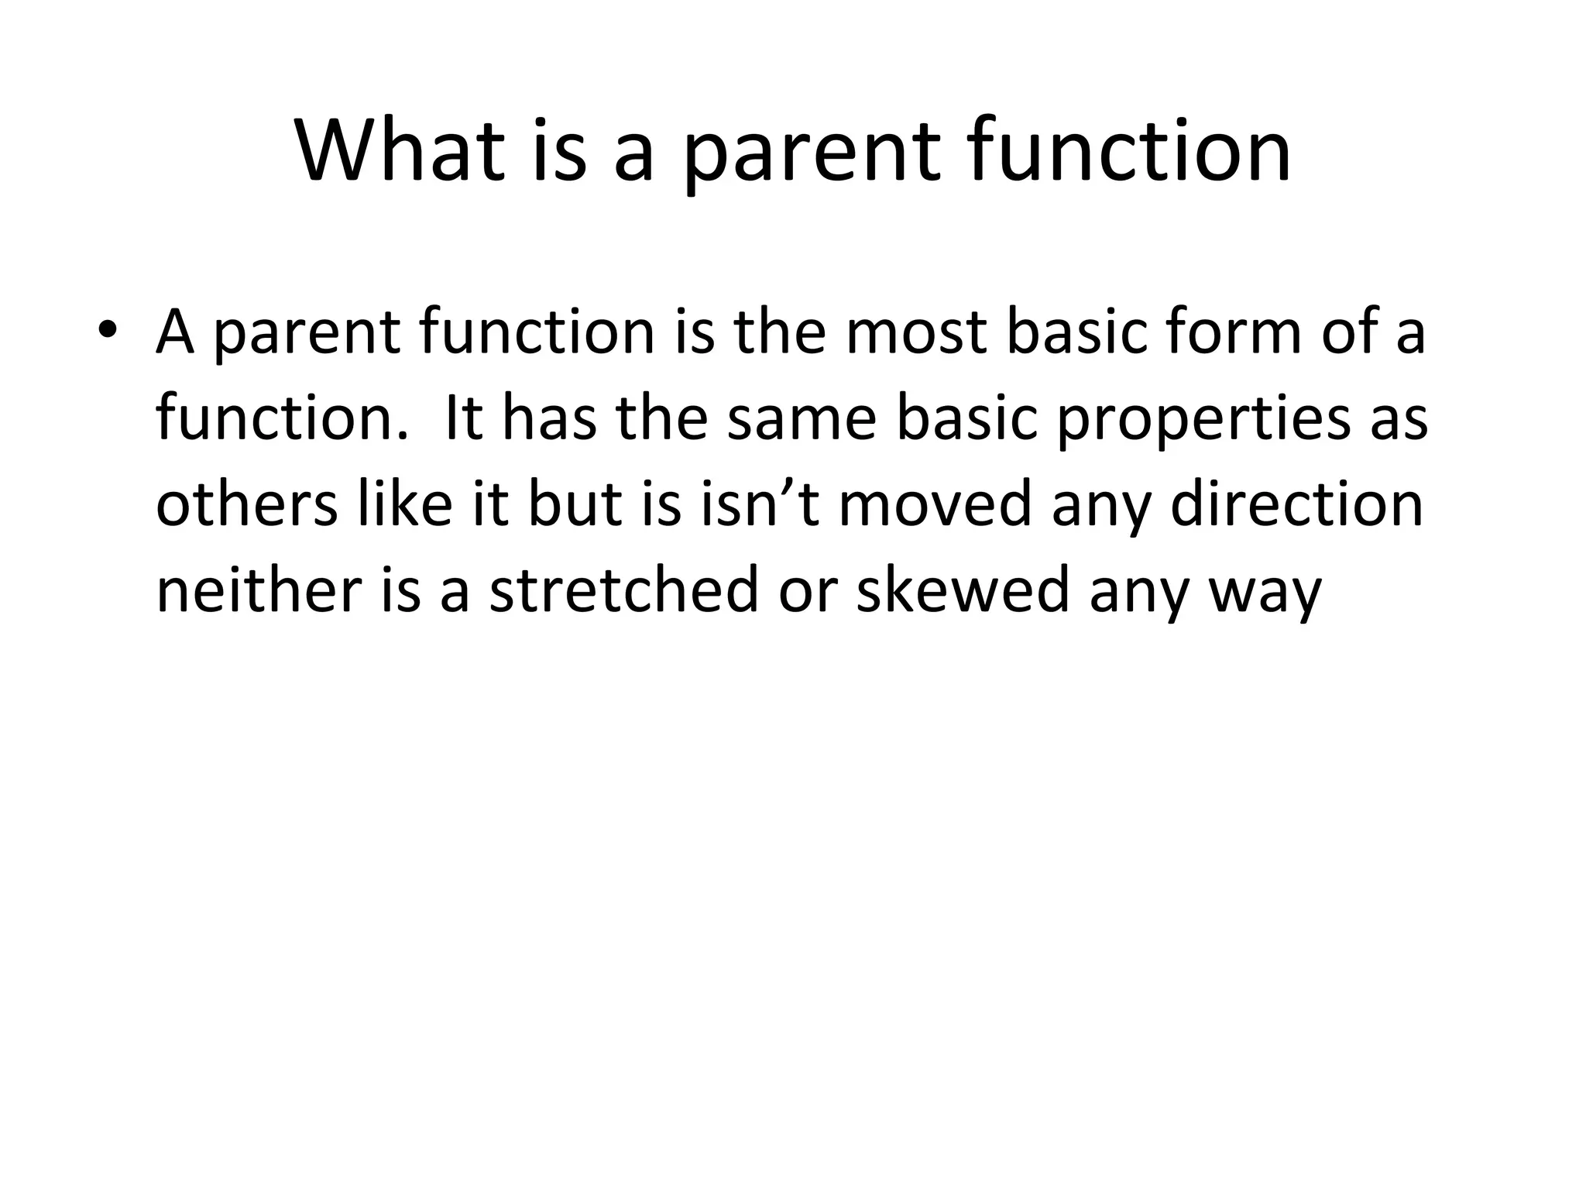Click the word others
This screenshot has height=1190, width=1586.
pyautogui.click(x=247, y=504)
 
